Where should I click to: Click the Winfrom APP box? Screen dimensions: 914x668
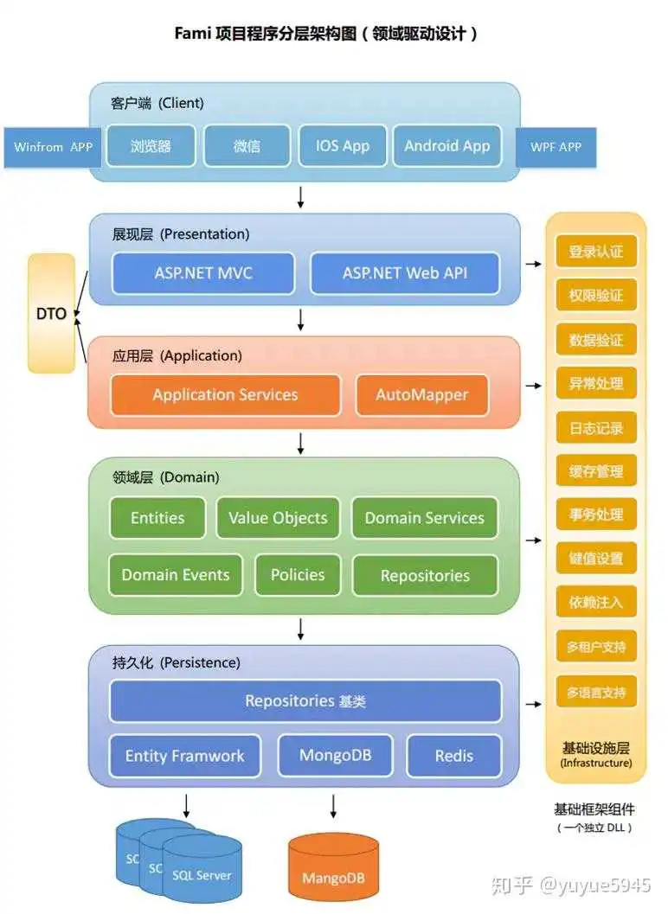click(x=53, y=147)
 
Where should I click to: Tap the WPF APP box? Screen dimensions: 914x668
click(x=556, y=147)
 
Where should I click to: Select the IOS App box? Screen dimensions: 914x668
click(x=343, y=146)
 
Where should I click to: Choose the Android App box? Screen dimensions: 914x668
click(x=446, y=146)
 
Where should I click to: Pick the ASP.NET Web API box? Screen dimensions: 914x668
click(x=404, y=273)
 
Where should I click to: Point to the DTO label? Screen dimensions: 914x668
click(x=51, y=314)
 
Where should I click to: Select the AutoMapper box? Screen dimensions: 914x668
click(x=421, y=395)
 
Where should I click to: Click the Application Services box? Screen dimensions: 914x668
click(x=225, y=395)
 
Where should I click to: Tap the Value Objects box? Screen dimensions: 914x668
click(x=278, y=518)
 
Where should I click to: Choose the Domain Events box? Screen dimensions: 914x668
click(x=176, y=575)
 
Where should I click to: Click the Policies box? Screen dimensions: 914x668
click(x=298, y=575)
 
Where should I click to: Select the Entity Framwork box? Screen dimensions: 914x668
click(x=184, y=756)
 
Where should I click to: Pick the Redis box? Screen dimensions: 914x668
click(x=454, y=756)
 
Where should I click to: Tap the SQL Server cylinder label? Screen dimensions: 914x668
click(x=202, y=875)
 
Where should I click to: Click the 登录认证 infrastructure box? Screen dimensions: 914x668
click(x=595, y=252)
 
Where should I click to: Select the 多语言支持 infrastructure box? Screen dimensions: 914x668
click(x=595, y=693)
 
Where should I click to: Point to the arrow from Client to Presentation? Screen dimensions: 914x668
click(x=300, y=197)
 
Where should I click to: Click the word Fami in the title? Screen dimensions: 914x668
click(x=194, y=34)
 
